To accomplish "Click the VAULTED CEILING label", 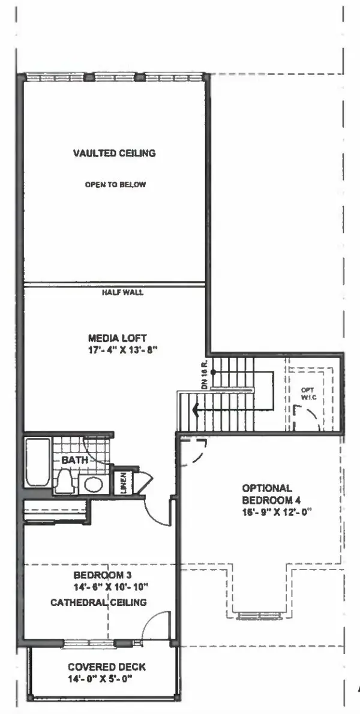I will (114, 153).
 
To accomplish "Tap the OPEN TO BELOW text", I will (115, 185).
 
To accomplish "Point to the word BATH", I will (74, 460).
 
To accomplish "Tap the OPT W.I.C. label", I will (307, 393).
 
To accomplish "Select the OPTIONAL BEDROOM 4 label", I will (267, 494).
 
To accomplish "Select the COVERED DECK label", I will (107, 667).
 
